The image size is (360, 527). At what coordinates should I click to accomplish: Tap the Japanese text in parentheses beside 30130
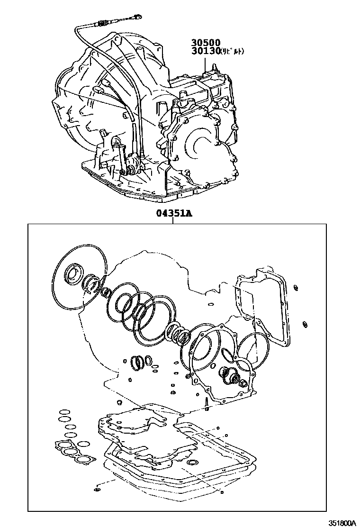(230, 51)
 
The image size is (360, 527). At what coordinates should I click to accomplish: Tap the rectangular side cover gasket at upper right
(263, 308)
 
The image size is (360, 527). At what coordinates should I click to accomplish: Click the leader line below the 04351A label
(173, 220)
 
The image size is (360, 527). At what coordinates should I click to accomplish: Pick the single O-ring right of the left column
(83, 444)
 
